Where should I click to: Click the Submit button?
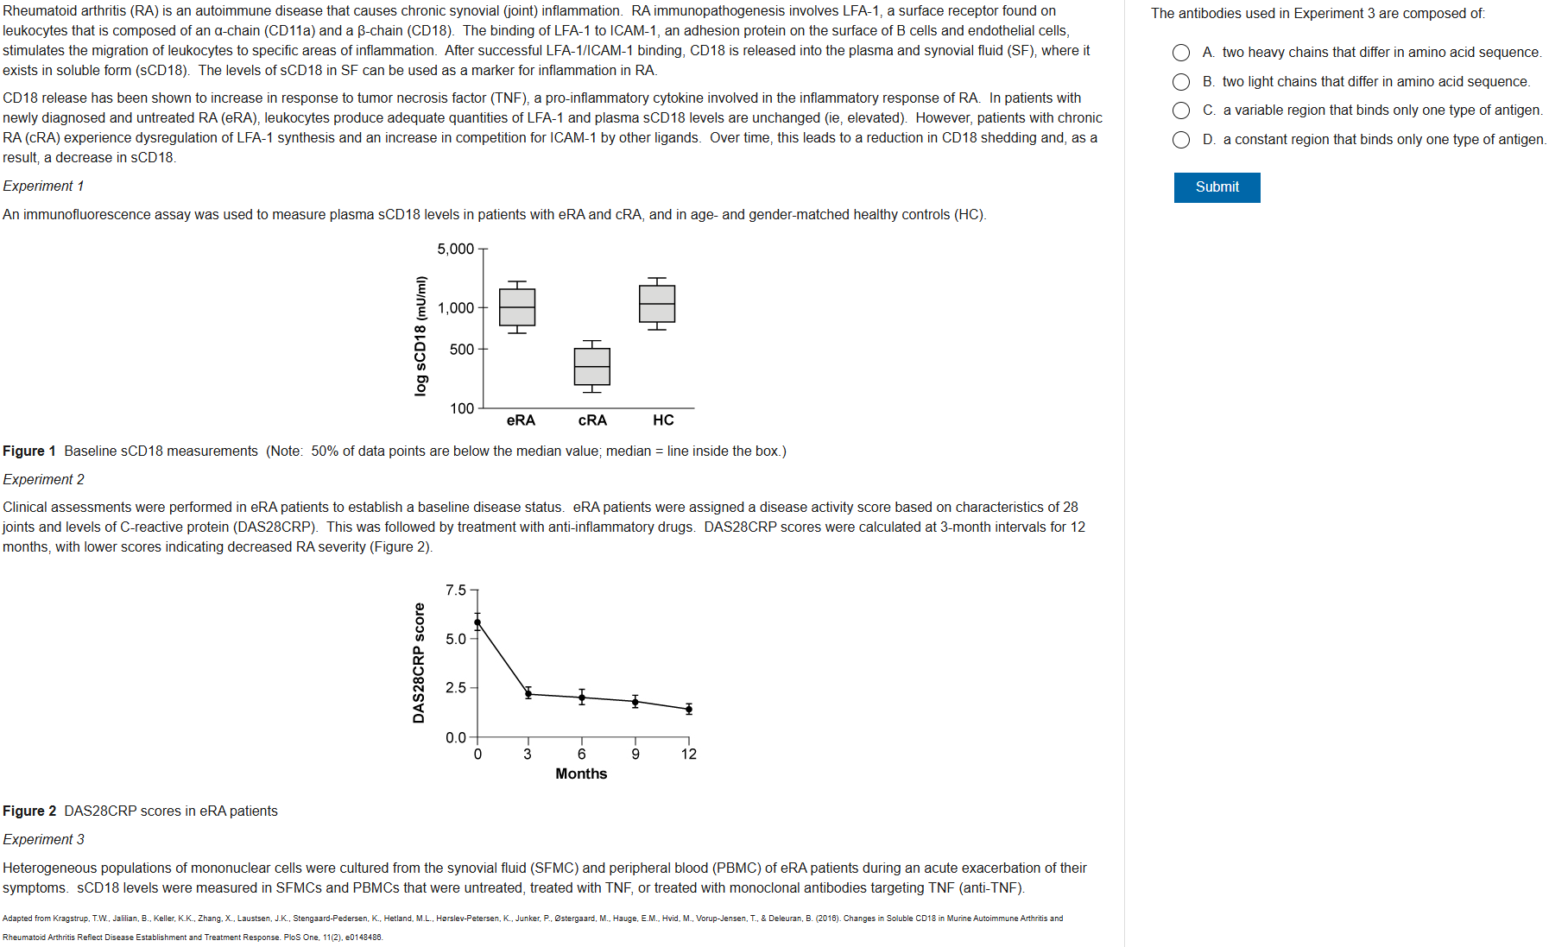[1217, 187]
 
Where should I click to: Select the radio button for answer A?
[1181, 53]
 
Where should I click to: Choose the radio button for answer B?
[1181, 82]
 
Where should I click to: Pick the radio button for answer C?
[1181, 110]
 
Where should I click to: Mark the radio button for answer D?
[1181, 140]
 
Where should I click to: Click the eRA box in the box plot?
[517, 307]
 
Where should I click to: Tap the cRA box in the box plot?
[592, 367]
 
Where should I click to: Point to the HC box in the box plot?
[657, 304]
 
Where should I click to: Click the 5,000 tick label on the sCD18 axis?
[455, 249]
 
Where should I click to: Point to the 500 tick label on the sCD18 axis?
[461, 350]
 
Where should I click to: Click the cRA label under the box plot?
[592, 420]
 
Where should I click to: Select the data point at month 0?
[477, 622]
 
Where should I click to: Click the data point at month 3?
[528, 693]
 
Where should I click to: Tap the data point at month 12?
[688, 709]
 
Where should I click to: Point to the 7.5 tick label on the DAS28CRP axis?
[455, 590]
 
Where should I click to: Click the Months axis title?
[581, 774]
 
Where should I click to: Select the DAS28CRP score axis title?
[420, 663]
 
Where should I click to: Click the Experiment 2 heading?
[44, 480]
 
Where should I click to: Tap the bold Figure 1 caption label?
[29, 451]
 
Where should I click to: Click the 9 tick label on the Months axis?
[635, 754]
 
